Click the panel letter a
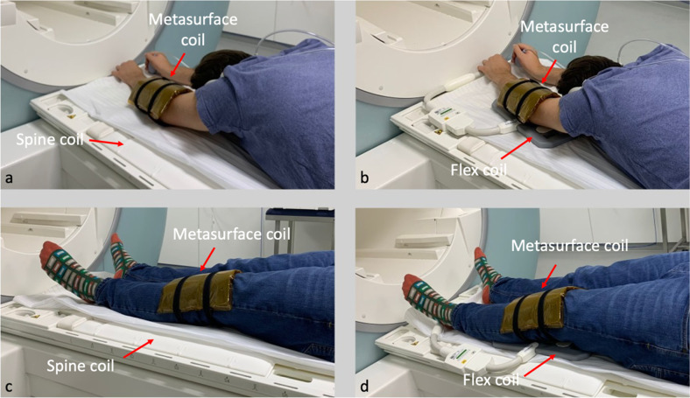(x=9, y=178)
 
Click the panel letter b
(x=364, y=178)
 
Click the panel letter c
(x=9, y=387)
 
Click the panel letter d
(x=364, y=386)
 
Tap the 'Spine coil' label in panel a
(x=50, y=139)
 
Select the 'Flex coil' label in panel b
(x=479, y=170)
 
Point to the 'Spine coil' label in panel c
(x=81, y=366)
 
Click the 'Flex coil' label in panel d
(x=491, y=379)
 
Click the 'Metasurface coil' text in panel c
(x=231, y=234)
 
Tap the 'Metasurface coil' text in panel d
(x=569, y=246)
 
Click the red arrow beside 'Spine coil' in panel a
(x=106, y=142)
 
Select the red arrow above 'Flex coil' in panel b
(x=516, y=147)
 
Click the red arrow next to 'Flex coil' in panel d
(x=539, y=366)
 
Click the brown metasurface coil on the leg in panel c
(x=200, y=291)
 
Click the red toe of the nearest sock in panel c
(x=49, y=252)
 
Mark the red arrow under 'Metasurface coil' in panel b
(x=549, y=70)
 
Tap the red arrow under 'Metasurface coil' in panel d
(x=549, y=276)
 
